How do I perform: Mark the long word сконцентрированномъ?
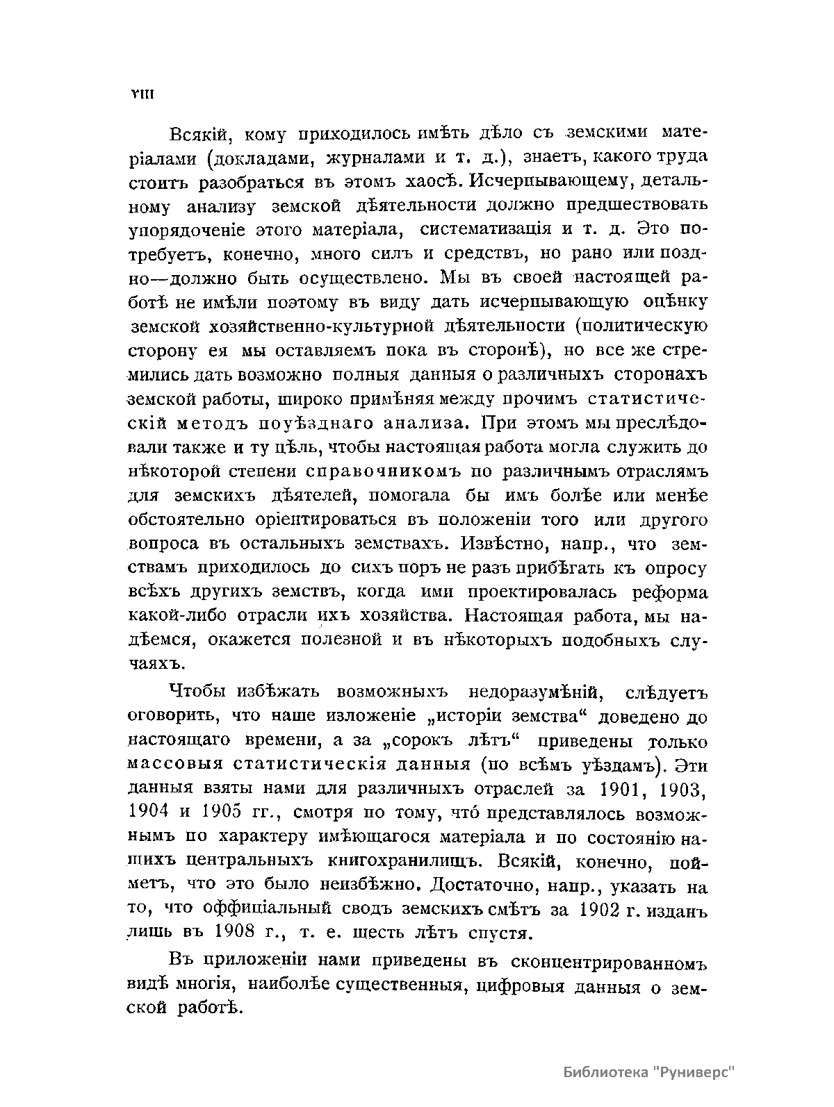coord(608,965)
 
